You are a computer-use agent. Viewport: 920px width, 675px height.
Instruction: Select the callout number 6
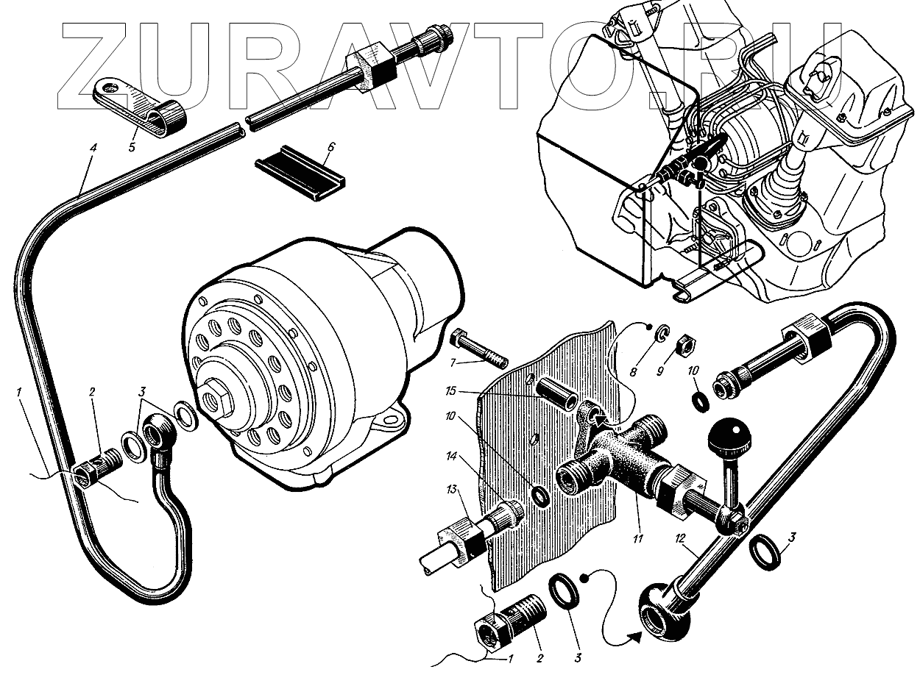(x=330, y=147)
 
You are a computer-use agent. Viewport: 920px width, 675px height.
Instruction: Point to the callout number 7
(x=454, y=362)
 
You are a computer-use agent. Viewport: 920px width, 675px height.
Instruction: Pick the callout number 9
(x=661, y=371)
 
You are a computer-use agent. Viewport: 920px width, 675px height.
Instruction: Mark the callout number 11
(x=637, y=539)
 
